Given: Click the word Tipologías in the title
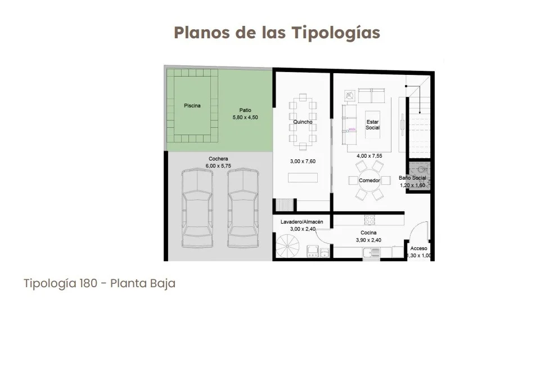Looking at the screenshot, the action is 336,33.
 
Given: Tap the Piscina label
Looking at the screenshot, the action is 192,105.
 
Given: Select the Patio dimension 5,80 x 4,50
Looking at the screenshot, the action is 245,118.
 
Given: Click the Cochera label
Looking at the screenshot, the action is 218,159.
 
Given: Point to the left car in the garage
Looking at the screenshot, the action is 197,208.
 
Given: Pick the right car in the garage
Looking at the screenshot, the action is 243,208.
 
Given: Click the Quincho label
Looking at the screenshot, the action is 303,122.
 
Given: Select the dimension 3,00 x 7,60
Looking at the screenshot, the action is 303,162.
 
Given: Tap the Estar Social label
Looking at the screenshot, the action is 372,124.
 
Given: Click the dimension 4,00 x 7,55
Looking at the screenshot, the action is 370,156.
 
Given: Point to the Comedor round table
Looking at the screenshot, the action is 370,180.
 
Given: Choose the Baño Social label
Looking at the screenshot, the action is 412,178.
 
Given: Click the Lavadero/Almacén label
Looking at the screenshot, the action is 302,222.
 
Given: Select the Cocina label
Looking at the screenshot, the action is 368,233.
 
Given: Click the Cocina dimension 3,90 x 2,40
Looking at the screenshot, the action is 368,240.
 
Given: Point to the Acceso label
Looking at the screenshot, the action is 418,248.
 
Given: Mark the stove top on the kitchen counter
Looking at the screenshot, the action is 369,220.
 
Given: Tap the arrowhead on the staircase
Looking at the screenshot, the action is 420,112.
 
